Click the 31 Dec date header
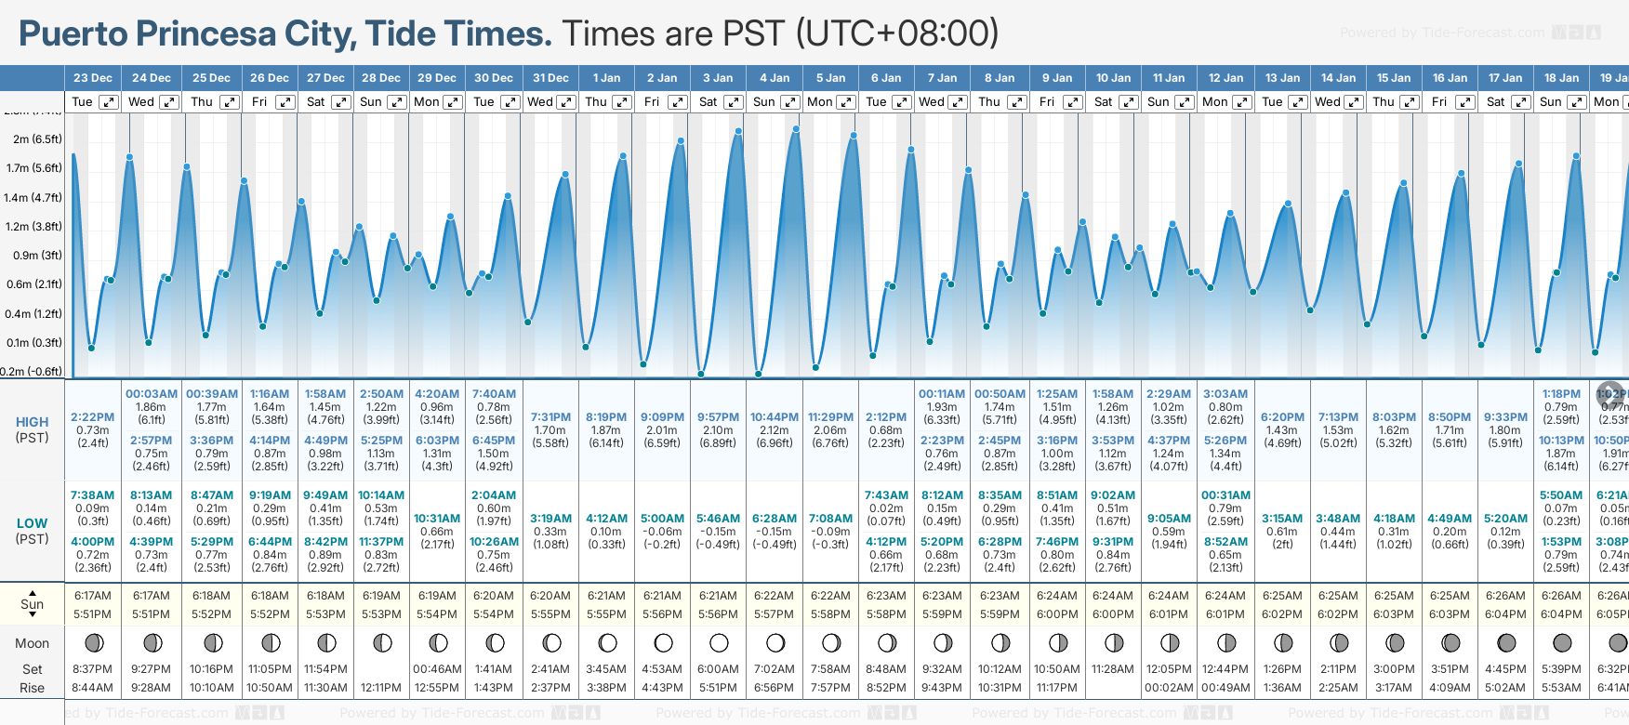click(550, 78)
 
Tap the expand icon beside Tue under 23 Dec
click(109, 102)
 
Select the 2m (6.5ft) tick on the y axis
click(37, 139)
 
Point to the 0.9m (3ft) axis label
click(37, 256)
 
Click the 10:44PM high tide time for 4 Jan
click(775, 417)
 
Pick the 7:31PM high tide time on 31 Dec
click(550, 417)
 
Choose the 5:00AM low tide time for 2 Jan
click(662, 519)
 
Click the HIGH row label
click(32, 422)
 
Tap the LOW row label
click(32, 523)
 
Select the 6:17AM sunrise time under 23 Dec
click(93, 596)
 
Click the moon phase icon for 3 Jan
click(719, 642)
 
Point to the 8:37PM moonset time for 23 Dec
click(92, 669)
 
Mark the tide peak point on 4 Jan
click(796, 128)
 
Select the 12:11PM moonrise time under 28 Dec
click(381, 688)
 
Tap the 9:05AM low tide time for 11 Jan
click(1169, 519)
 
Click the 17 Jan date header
click(1505, 78)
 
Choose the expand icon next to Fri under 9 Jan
click(1073, 102)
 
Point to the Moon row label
click(32, 643)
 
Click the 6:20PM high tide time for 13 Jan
click(1281, 417)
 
